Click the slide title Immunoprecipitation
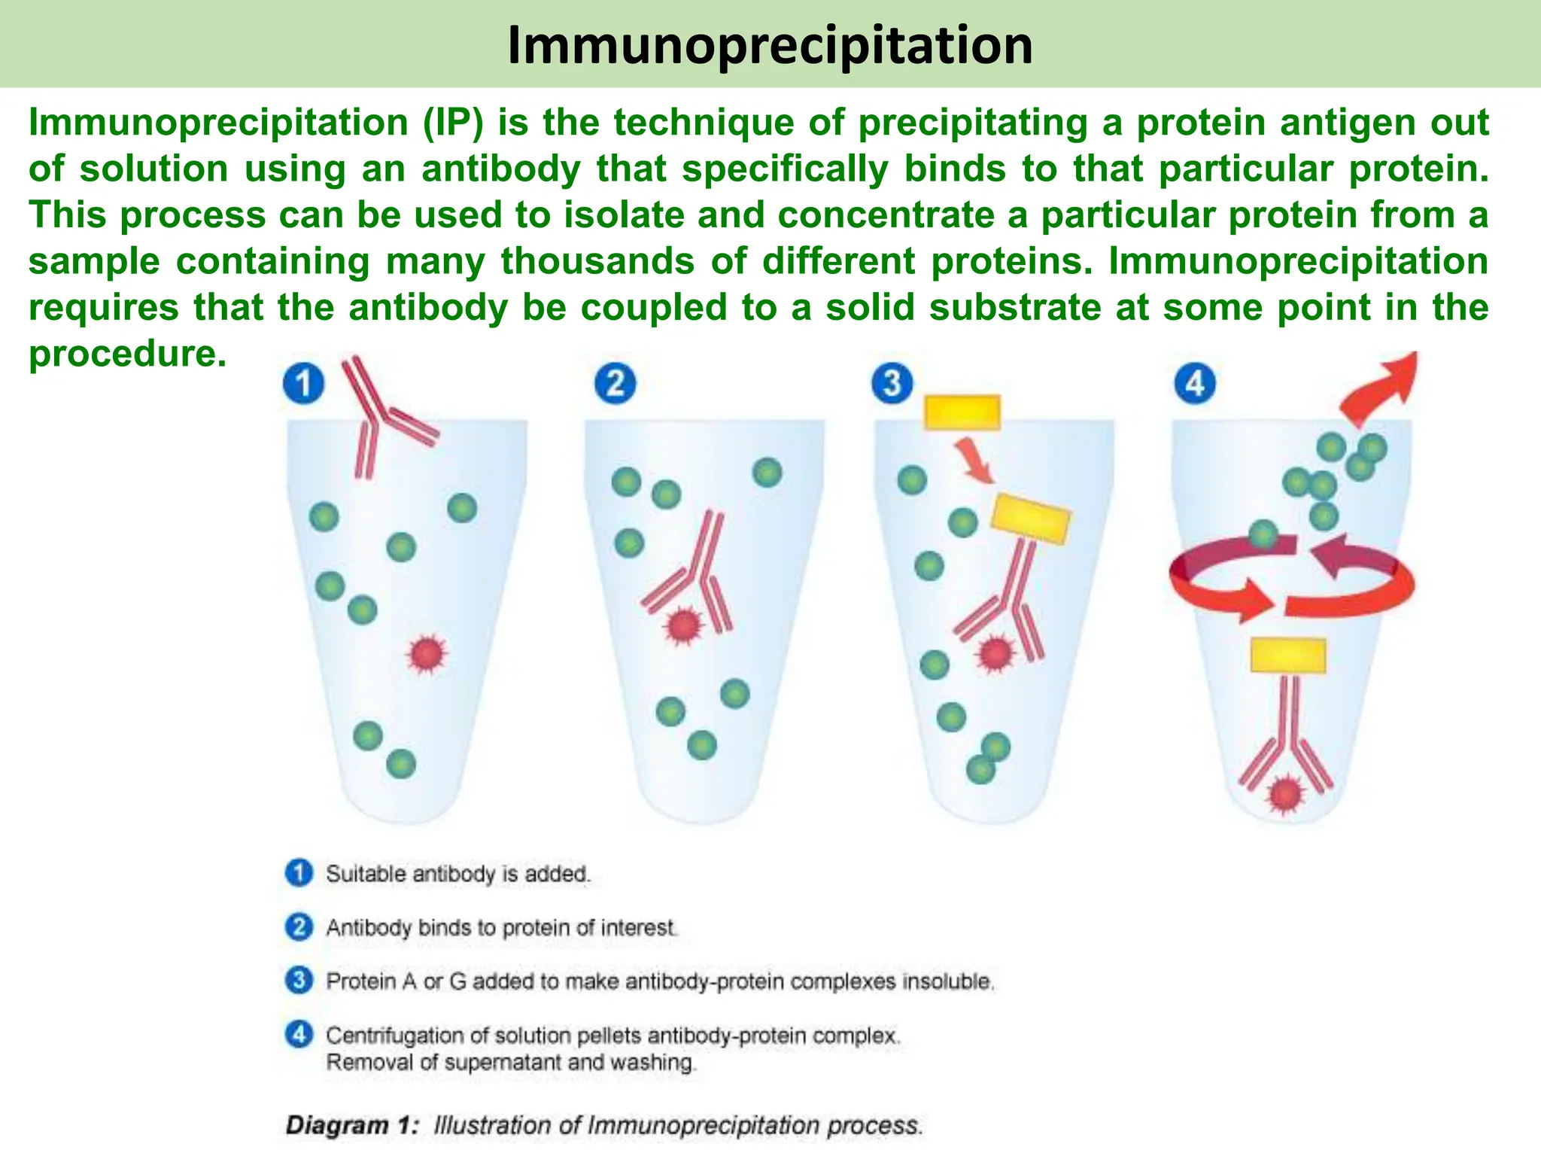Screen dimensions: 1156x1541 tap(770, 45)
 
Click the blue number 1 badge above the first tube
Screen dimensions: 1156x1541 tap(303, 384)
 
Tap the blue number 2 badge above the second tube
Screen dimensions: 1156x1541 tap(615, 383)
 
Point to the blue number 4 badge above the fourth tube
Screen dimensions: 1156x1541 tap(1195, 383)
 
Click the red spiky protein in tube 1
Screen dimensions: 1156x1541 tap(427, 654)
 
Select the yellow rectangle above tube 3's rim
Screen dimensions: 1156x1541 tap(962, 412)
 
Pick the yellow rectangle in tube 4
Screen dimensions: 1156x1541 tap(1287, 656)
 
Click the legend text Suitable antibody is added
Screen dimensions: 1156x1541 tap(457, 874)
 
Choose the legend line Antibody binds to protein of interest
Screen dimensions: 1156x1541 tap(501, 927)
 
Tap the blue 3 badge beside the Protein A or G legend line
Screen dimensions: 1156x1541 tap(299, 981)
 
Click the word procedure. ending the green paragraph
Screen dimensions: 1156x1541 tap(127, 354)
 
